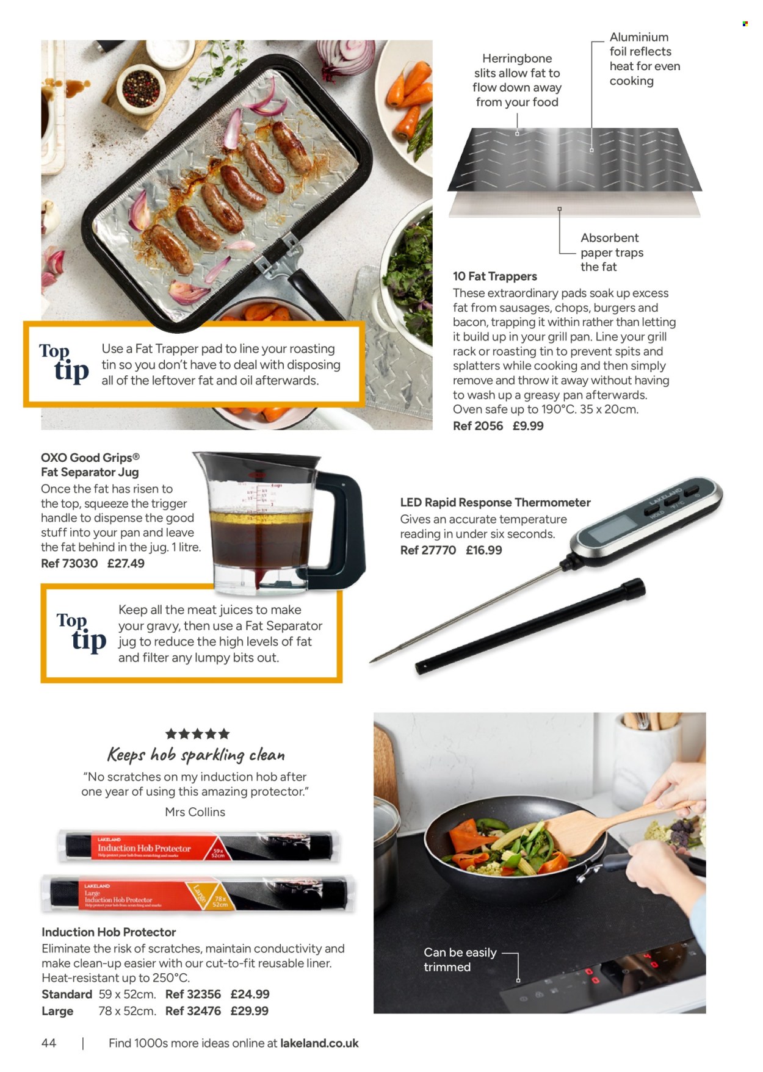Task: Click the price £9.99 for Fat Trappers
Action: [527, 426]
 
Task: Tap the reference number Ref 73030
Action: [69, 563]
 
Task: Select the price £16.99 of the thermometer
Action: [483, 550]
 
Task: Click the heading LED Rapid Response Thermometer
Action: [495, 502]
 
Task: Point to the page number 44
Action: [49, 1043]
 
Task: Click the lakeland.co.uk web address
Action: [319, 1043]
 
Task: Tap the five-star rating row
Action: [198, 733]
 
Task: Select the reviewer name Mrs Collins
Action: [195, 811]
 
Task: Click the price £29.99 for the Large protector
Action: [249, 1010]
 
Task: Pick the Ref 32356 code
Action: [193, 994]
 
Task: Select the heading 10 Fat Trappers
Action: [494, 276]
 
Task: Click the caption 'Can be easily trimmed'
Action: [460, 959]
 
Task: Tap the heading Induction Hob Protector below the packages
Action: [109, 932]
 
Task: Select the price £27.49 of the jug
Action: [126, 563]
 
